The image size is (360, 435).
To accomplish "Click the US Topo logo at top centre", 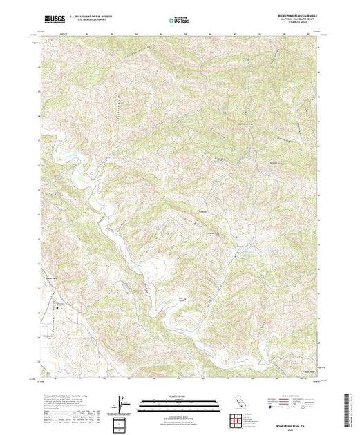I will (x=179, y=21).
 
